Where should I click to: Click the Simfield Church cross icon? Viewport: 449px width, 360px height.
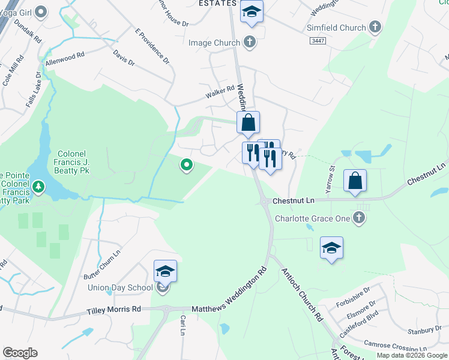[x=375, y=28]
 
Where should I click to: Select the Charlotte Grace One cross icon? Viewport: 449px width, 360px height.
[x=359, y=218]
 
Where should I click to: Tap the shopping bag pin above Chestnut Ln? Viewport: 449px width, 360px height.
[x=355, y=180]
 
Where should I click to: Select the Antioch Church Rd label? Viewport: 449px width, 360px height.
[x=303, y=293]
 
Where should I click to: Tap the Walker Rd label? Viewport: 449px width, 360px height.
[x=219, y=90]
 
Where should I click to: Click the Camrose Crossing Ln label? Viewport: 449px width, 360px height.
[x=397, y=347]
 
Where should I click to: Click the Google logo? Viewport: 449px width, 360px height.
[x=20, y=353]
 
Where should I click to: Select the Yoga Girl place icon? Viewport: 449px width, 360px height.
[x=41, y=11]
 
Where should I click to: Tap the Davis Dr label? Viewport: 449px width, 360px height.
[x=124, y=58]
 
